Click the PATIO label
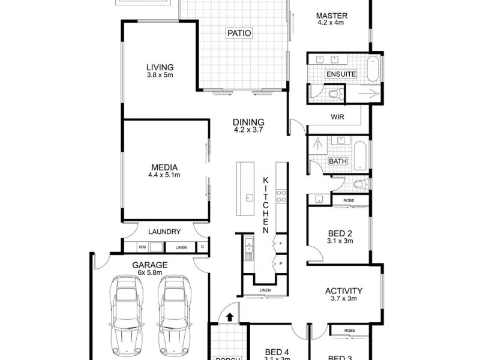tap(238, 32)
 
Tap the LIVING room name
tap(160, 67)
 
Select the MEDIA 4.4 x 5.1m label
tap(164, 171)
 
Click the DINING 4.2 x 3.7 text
tap(248, 125)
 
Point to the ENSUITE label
tap(341, 74)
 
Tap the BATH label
tap(337, 161)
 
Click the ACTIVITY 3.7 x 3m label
tap(344, 294)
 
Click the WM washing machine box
tap(142, 247)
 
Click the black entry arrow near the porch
tap(229, 317)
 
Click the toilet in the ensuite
tap(335, 94)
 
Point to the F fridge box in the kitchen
tap(280, 244)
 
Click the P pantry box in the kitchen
tap(280, 263)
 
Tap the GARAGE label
tap(150, 265)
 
